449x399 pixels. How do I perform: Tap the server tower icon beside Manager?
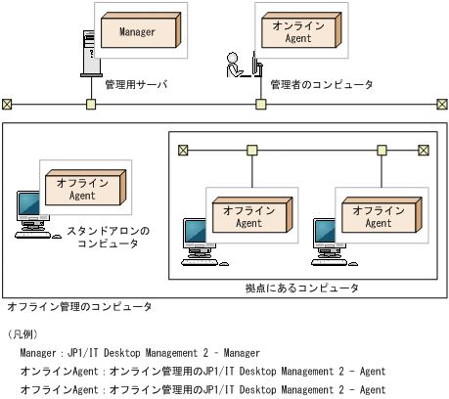pos(88,55)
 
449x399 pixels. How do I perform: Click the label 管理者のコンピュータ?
pos(321,85)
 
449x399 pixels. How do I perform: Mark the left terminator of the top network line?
pos(7,104)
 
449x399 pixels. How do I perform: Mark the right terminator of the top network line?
pos(442,104)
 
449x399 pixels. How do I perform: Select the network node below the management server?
pos(90,104)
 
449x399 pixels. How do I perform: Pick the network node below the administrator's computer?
pos(261,104)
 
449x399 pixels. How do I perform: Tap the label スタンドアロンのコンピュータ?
pos(108,238)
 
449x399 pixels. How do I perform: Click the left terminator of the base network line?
pos(182,150)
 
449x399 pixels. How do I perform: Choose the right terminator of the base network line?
pos(423,150)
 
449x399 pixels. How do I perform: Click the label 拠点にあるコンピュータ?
pos(301,288)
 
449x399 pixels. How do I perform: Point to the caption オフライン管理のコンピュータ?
pos(78,307)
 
